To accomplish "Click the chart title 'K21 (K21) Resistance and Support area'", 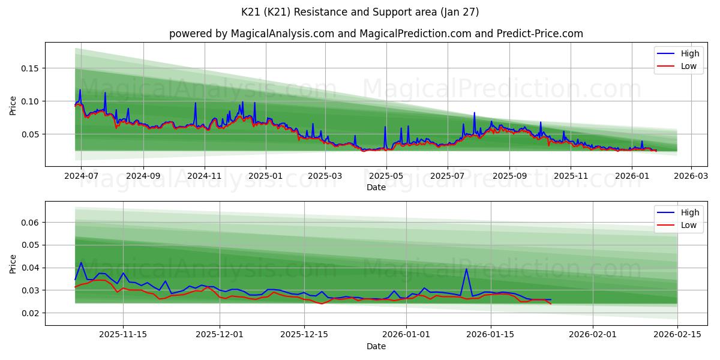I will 360,12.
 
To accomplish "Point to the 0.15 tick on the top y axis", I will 30,68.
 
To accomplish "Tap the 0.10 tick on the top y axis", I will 30,101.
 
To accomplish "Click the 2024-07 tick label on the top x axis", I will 81,176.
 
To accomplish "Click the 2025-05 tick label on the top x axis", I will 386,176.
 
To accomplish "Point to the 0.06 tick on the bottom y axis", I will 30,223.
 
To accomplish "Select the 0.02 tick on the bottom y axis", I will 30,313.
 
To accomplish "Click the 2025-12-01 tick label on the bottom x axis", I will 220,335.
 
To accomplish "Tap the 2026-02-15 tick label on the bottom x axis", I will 677,335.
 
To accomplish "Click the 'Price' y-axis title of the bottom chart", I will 13,263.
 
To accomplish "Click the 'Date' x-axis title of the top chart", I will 376,187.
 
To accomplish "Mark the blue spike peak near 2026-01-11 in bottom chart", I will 466,269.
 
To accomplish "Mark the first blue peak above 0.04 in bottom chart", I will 81,262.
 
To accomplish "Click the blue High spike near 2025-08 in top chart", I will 474,113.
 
